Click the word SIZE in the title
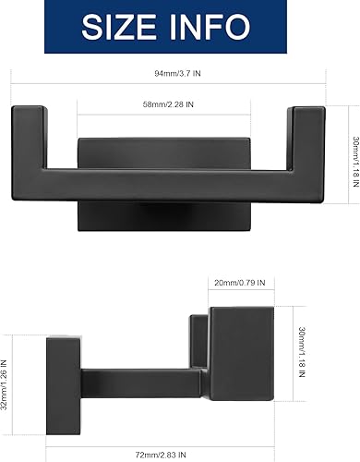pos(125,27)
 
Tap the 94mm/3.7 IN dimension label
pos(182,75)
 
